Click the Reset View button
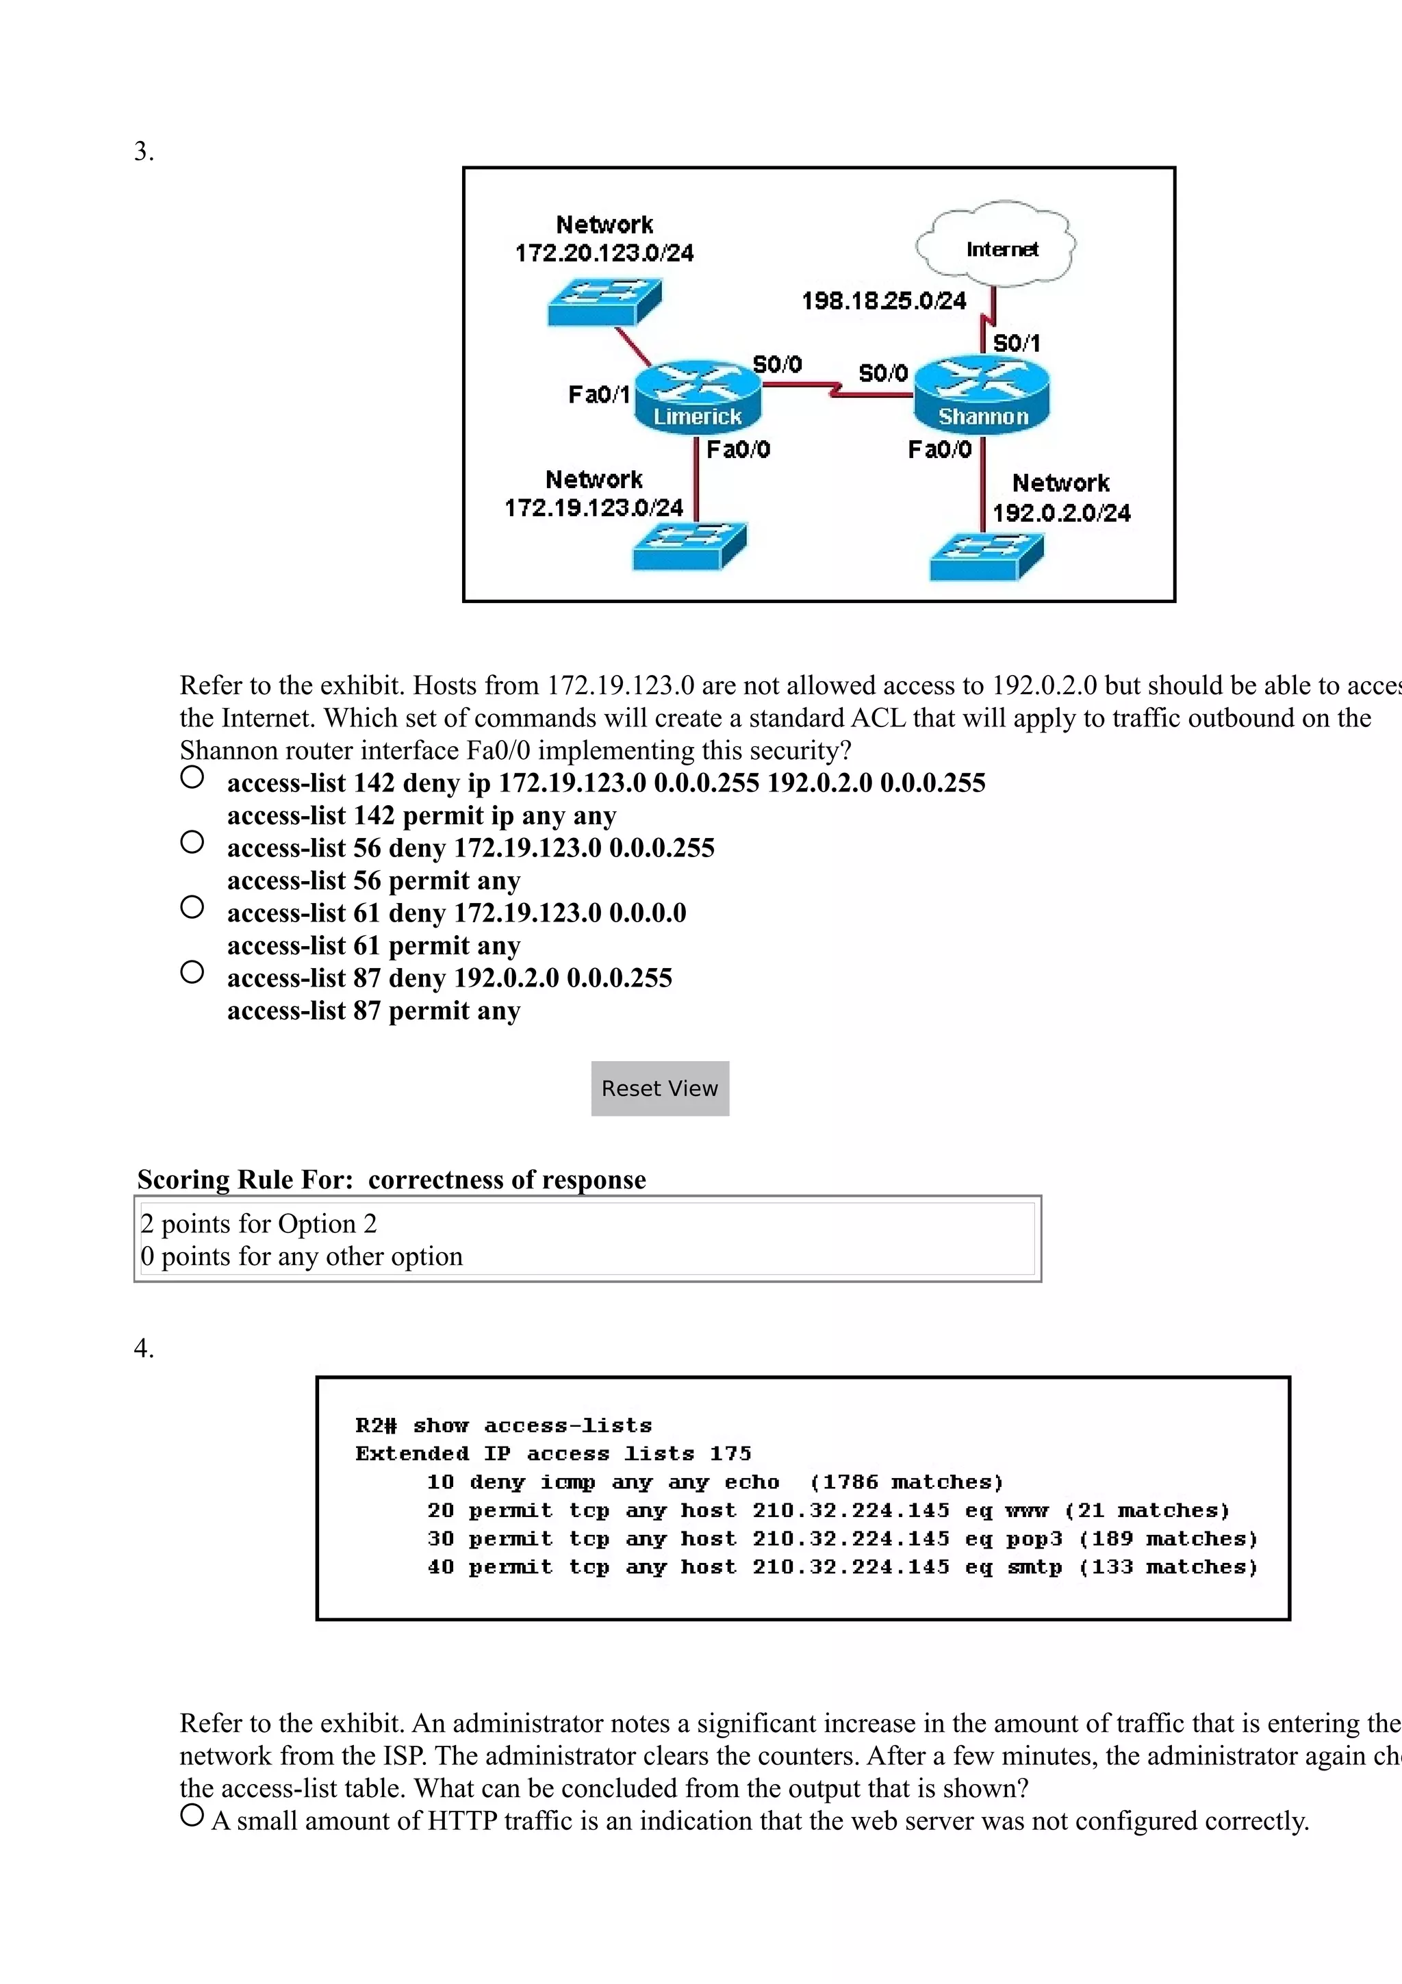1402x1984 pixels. (x=660, y=1088)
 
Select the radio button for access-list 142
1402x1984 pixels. (x=192, y=777)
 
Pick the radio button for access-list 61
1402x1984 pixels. (x=192, y=906)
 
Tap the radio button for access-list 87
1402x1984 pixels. (x=192, y=972)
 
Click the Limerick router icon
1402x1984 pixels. (x=698, y=396)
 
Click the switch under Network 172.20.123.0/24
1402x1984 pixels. (x=604, y=302)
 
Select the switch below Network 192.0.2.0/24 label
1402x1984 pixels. (x=986, y=557)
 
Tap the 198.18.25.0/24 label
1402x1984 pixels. (x=884, y=301)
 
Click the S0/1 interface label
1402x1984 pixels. (x=1017, y=343)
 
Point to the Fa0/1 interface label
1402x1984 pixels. (x=598, y=395)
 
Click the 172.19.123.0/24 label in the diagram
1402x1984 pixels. (x=594, y=507)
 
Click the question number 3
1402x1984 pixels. (x=143, y=151)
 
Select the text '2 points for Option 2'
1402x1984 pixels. (x=258, y=1223)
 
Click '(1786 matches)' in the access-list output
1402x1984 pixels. (x=906, y=1482)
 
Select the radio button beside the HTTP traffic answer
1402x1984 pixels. (x=192, y=1815)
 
